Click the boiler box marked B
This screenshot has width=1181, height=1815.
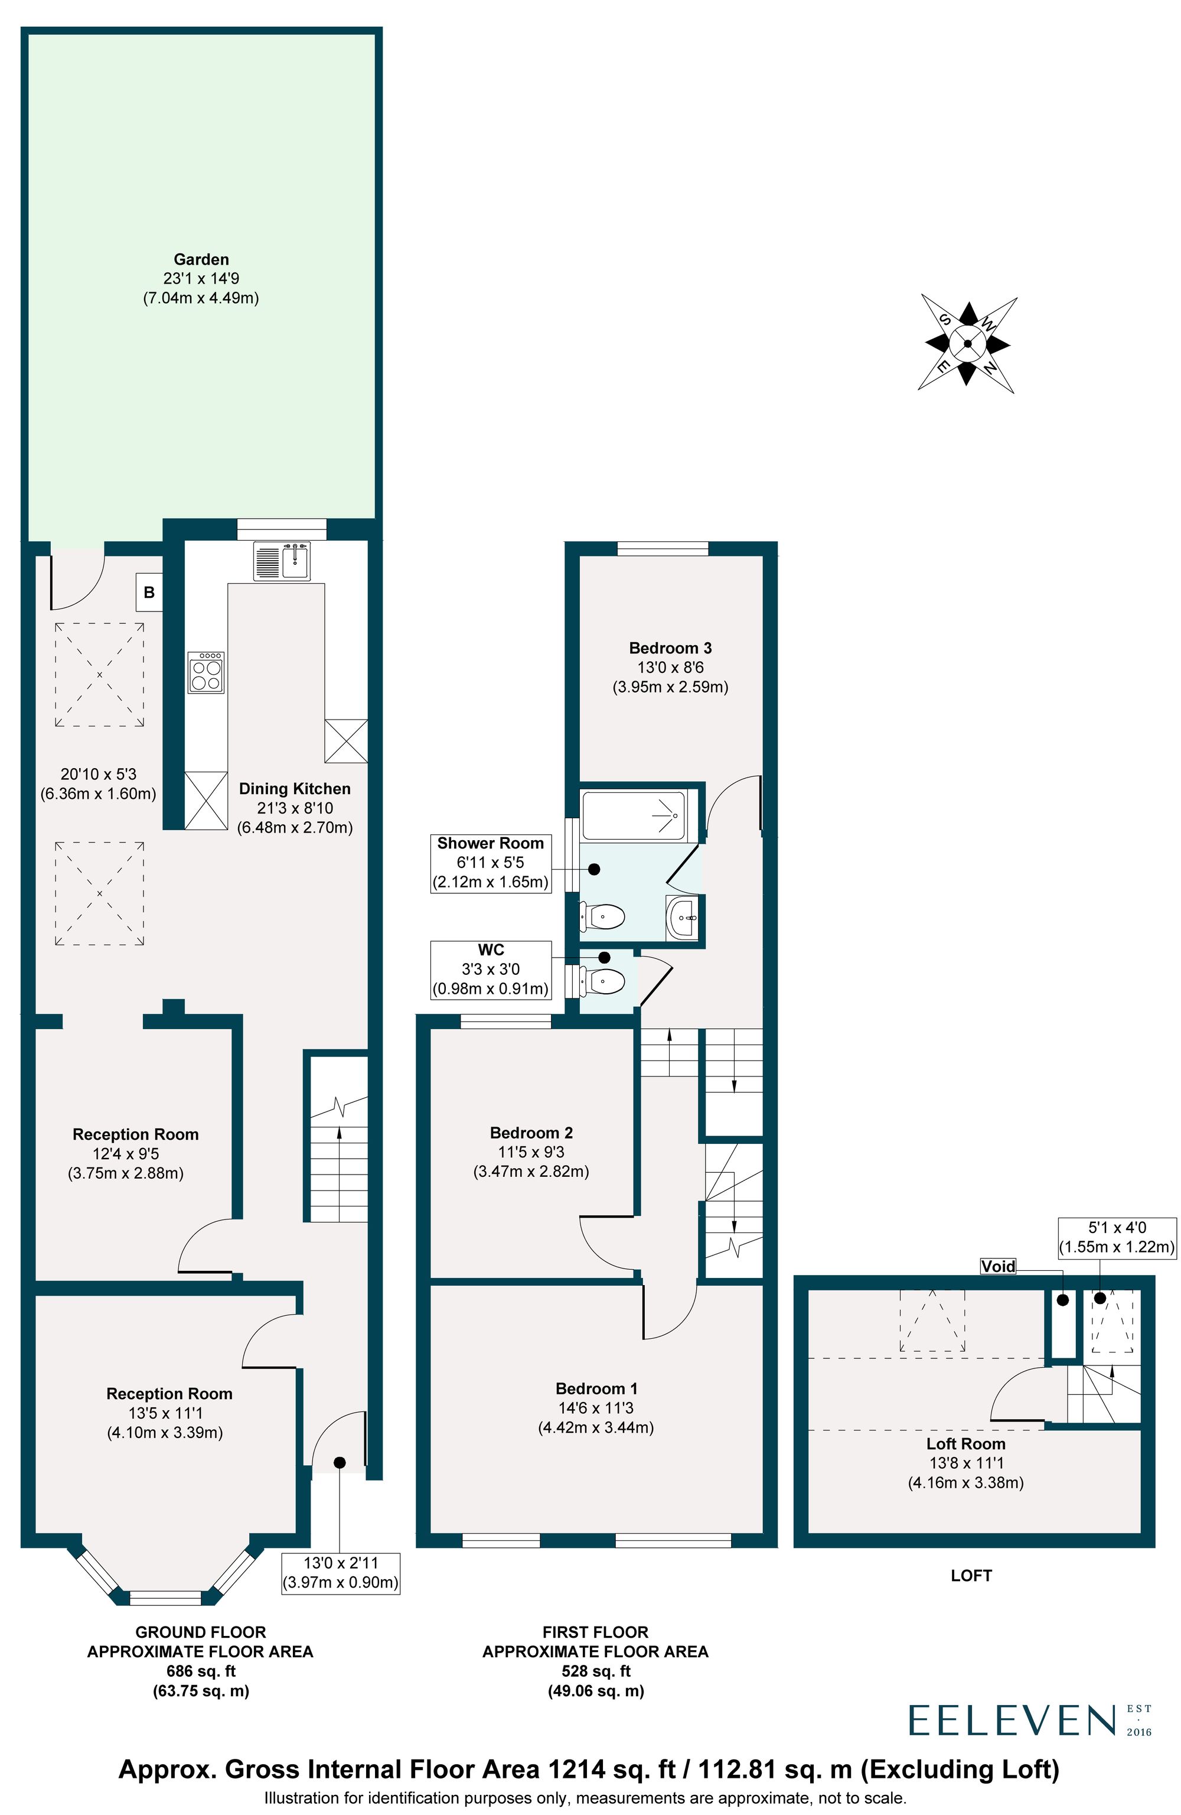149,592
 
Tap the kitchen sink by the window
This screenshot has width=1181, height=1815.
282,561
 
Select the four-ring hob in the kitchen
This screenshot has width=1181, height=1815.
206,672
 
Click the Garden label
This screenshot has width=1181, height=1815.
201,259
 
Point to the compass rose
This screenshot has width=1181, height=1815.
966,343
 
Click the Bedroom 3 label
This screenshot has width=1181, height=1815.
670,648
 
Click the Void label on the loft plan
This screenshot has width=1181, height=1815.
997,1266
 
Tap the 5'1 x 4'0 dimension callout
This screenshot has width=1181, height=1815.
1116,1237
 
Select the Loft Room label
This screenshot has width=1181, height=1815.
965,1443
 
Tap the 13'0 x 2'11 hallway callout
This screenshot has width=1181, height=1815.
340,1573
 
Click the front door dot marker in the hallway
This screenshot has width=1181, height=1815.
340,1462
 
